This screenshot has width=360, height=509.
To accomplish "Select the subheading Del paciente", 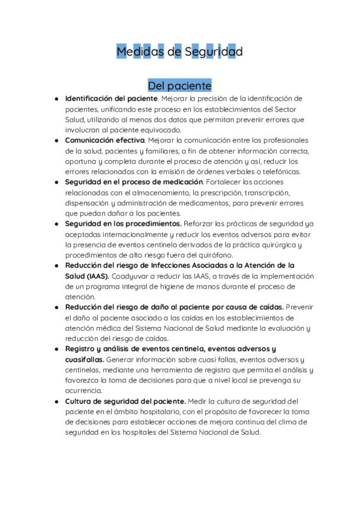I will [179, 85].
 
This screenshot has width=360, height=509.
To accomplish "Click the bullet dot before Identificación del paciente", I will [56, 98].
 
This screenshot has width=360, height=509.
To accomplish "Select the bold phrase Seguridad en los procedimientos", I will [123, 224].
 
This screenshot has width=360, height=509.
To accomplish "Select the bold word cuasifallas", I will [84, 359].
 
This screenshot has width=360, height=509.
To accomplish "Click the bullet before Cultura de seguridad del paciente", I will [56, 401].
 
